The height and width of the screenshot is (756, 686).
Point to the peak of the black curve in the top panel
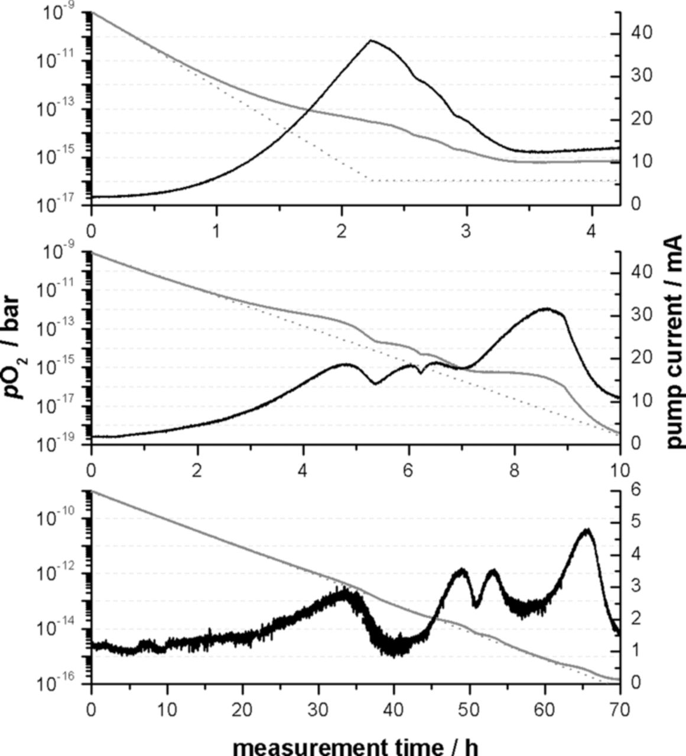click(x=370, y=41)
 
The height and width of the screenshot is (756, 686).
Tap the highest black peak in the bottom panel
click(x=587, y=530)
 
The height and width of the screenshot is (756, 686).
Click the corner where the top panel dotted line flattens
click(x=370, y=180)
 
